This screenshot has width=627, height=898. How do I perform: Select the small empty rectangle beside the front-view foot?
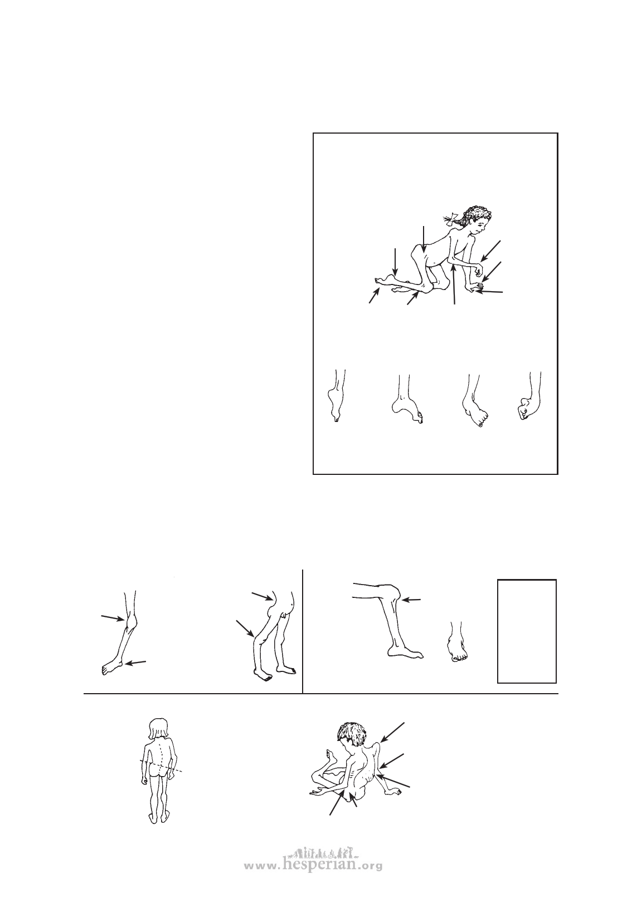pos(527,631)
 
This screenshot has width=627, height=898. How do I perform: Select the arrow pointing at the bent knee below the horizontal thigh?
pos(411,600)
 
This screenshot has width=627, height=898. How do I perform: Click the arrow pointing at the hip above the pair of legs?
pos(263,596)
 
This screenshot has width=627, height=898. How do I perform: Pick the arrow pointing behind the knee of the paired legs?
pos(245,628)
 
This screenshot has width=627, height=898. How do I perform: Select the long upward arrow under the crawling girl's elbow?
pos(454,284)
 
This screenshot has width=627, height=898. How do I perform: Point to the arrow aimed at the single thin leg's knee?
pos(113,617)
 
